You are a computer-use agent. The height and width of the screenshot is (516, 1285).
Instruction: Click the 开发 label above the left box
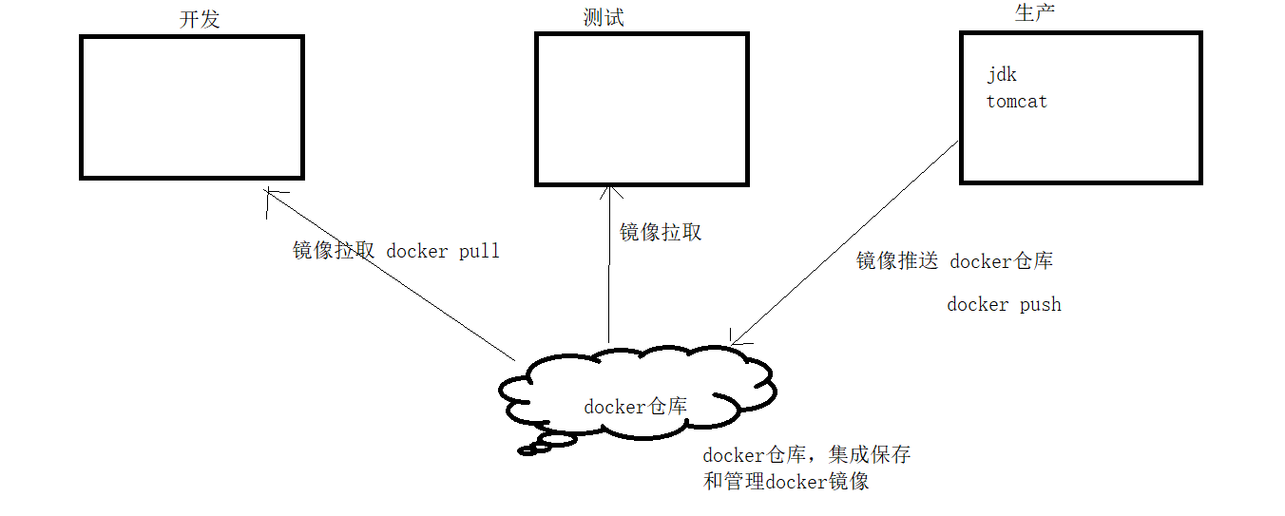[200, 19]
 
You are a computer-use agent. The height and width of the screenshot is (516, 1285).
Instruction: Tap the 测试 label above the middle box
[604, 17]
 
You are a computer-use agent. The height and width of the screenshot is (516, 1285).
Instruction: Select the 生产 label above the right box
[1035, 13]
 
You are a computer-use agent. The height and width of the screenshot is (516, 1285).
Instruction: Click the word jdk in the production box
[1002, 75]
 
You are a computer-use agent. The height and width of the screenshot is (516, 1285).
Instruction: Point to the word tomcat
[1017, 102]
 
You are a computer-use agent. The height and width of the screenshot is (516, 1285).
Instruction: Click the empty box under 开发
[192, 107]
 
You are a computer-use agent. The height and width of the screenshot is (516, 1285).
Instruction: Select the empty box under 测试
[641, 109]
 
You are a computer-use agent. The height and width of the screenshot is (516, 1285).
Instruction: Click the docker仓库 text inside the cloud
[635, 407]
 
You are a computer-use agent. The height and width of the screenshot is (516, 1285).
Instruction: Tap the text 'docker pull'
[443, 252]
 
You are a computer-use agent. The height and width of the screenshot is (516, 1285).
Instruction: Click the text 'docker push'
[1004, 305]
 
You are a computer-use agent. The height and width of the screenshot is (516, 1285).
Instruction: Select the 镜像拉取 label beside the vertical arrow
[661, 232]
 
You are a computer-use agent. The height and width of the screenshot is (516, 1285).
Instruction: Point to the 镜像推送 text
[896, 261]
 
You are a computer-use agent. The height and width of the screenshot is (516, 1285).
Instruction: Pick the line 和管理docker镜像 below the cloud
[786, 481]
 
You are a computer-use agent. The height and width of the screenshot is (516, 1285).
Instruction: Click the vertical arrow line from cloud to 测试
[609, 276]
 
